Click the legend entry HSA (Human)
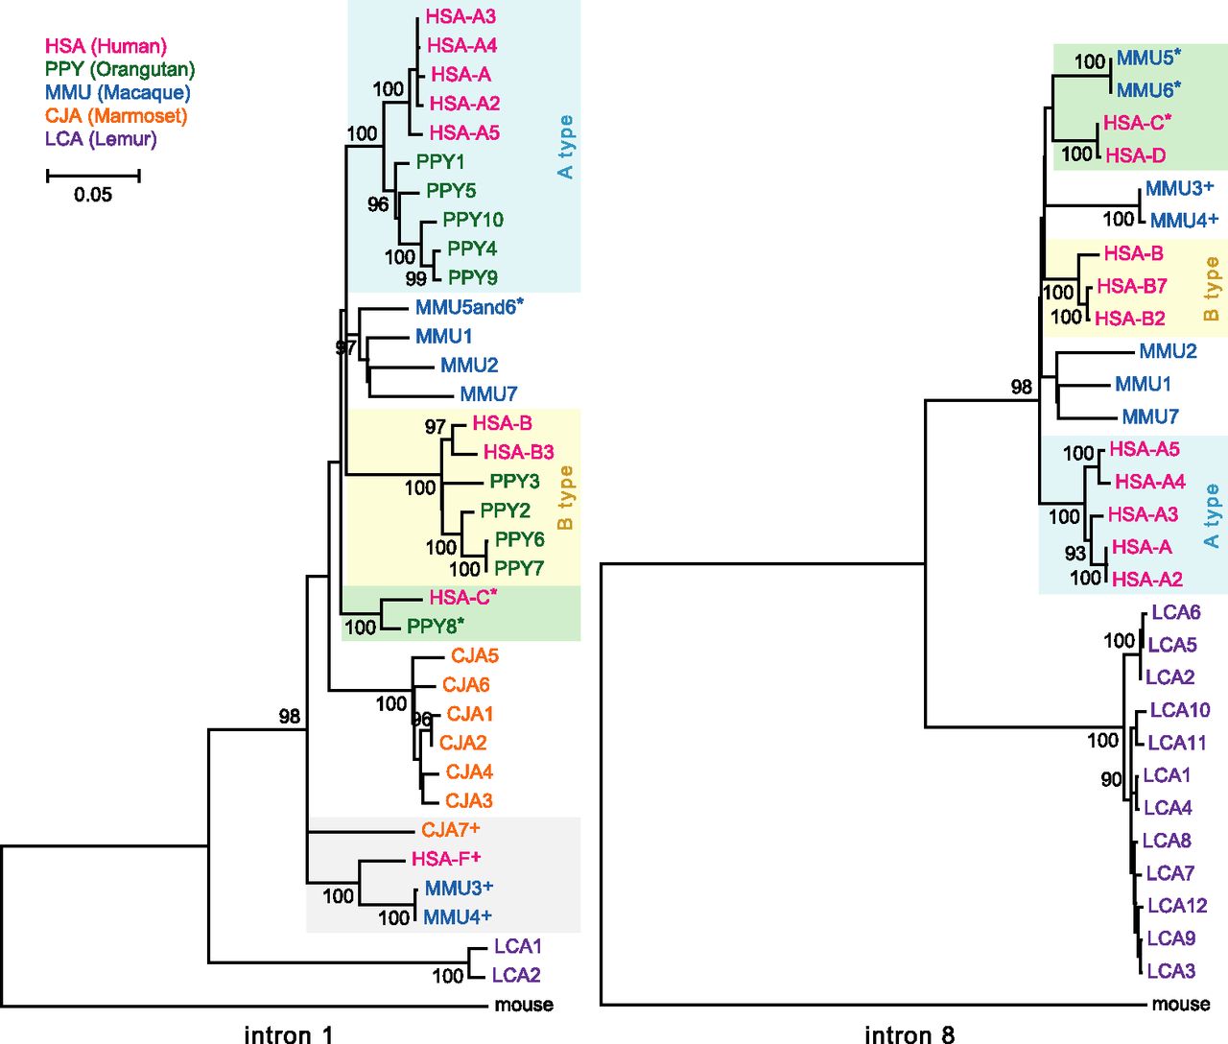tap(106, 46)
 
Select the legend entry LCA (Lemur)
tap(101, 139)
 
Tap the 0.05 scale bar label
tap(93, 195)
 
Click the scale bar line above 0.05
tap(93, 176)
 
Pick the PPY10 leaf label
tap(472, 220)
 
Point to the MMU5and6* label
tap(469, 307)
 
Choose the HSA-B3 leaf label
tap(518, 452)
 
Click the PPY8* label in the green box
tap(436, 627)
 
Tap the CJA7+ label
tap(450, 829)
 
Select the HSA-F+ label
tap(446, 858)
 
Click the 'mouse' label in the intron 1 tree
tap(524, 1005)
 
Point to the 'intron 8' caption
tap(909, 1034)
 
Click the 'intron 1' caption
tap(288, 1034)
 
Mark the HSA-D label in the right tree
tap(1135, 155)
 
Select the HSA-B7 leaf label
tap(1131, 286)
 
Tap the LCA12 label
tap(1177, 906)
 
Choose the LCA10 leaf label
tap(1179, 710)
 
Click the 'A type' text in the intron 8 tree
tap(1212, 516)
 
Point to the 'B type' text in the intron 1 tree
tap(565, 497)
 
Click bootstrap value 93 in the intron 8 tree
tap(1074, 554)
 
